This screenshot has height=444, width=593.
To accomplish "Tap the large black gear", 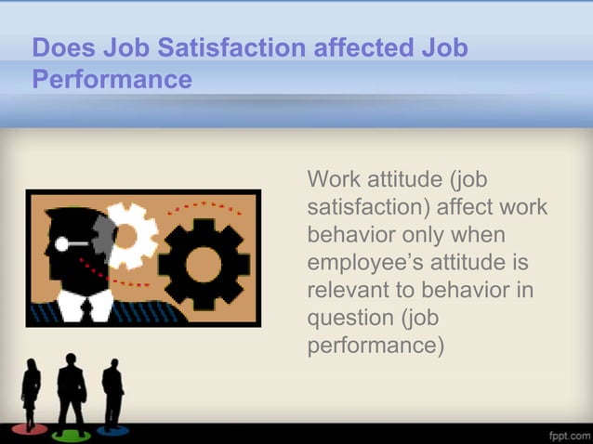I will pyautogui.click(x=204, y=263).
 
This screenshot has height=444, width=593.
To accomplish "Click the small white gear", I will pyautogui.click(x=126, y=234).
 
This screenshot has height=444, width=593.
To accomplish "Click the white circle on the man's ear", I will pyautogui.click(x=61, y=244).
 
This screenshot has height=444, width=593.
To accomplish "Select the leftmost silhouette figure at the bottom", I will pyautogui.click(x=31, y=395).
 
